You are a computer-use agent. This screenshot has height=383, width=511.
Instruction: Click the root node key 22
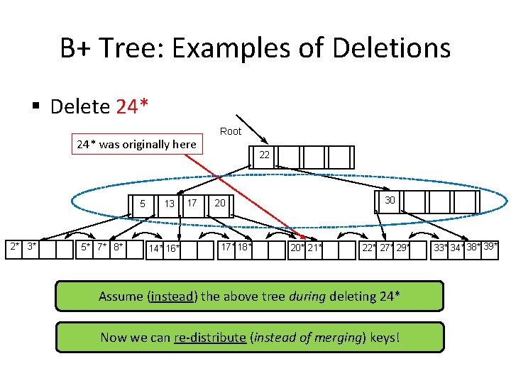click(263, 155)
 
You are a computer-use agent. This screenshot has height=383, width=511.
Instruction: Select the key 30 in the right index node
click(390, 201)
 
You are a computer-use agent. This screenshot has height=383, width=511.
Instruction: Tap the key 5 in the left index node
click(142, 204)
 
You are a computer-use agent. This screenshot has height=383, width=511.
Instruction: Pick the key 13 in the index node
click(169, 204)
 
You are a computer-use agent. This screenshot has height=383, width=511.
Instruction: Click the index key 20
click(220, 204)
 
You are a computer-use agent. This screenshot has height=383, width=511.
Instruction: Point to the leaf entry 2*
click(14, 246)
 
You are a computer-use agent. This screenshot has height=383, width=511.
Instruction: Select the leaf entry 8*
click(117, 247)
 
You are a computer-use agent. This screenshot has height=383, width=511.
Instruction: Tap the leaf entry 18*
click(243, 247)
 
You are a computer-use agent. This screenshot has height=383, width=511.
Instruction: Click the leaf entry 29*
click(402, 247)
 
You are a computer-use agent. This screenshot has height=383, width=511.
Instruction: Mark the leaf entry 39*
click(490, 246)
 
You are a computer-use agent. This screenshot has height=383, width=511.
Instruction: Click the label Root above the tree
click(231, 131)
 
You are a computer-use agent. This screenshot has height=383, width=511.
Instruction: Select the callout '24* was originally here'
click(136, 145)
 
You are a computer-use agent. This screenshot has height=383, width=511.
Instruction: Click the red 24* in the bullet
click(132, 107)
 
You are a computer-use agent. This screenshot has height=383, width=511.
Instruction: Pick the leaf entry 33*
click(441, 248)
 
